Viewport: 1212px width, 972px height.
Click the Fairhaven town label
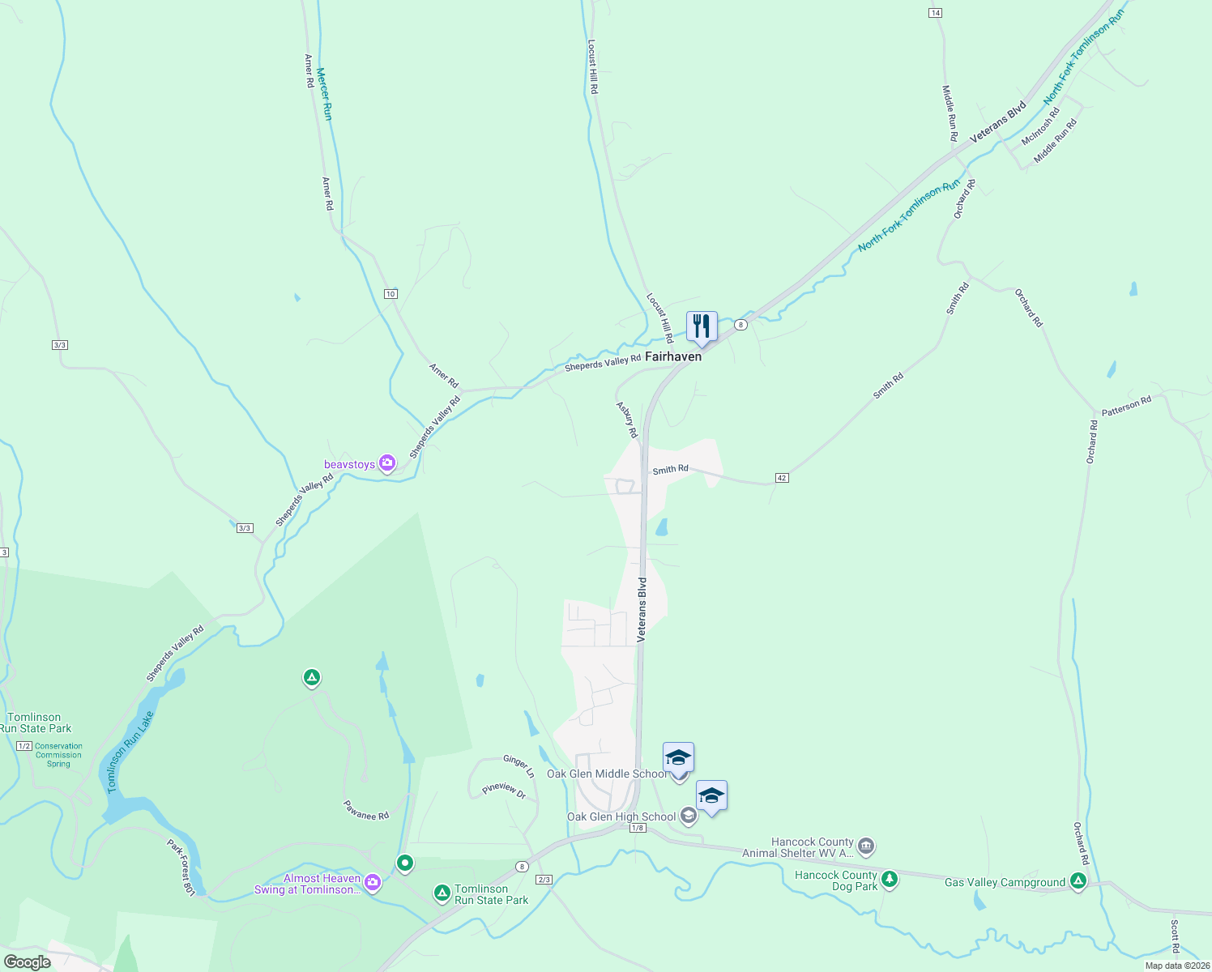pyautogui.click(x=672, y=356)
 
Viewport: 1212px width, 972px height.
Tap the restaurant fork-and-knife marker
pyautogui.click(x=702, y=326)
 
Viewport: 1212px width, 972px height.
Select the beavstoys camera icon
pyautogui.click(x=387, y=463)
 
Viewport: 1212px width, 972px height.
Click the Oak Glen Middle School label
pyautogui.click(x=607, y=774)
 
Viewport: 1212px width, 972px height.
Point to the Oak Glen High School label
pyautogui.click(x=621, y=816)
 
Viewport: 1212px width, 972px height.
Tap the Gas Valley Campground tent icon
pyautogui.click(x=1078, y=880)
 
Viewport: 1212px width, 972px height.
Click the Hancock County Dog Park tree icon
pyautogui.click(x=890, y=879)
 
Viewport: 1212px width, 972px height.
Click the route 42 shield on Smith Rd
pyautogui.click(x=782, y=478)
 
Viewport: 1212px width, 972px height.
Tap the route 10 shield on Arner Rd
pyautogui.click(x=390, y=294)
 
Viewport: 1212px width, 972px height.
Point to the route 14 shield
pyautogui.click(x=936, y=13)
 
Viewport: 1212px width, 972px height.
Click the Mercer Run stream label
pyautogui.click(x=324, y=94)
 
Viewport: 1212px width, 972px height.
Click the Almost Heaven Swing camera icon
pyautogui.click(x=372, y=883)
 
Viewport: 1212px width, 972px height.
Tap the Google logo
pyautogui.click(x=27, y=962)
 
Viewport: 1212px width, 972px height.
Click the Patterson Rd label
pyautogui.click(x=1126, y=406)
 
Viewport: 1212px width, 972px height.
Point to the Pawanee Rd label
pyautogui.click(x=366, y=810)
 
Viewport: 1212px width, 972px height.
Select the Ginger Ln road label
pyautogui.click(x=519, y=765)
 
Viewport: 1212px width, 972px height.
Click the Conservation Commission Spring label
pyautogui.click(x=58, y=755)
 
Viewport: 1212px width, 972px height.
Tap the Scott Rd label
pyautogui.click(x=1175, y=937)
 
